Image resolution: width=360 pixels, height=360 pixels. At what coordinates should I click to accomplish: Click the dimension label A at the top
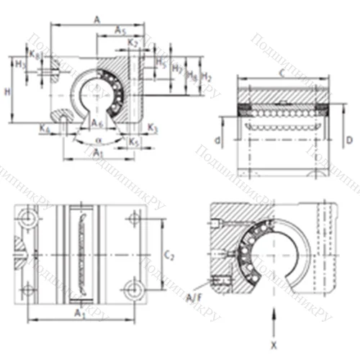[x=97, y=20]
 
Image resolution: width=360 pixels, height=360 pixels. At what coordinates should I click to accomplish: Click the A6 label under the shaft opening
[x=97, y=124]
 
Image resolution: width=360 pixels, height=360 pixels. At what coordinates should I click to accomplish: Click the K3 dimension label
[x=153, y=127]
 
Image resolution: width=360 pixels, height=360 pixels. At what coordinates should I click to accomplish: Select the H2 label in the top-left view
[x=207, y=76]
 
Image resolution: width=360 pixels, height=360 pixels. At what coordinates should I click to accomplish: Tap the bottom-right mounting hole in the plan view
[x=132, y=289]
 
